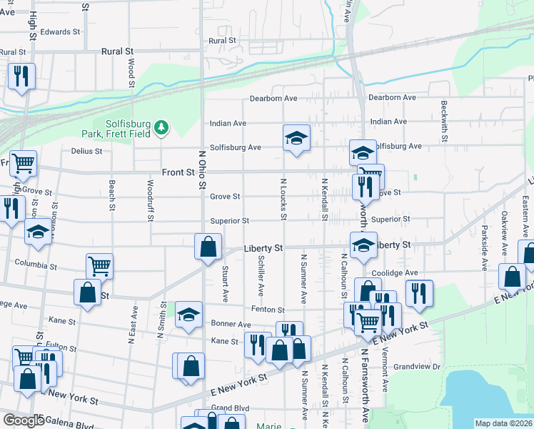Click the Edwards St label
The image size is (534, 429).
pos(60,32)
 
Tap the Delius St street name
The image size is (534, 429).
pos(87,152)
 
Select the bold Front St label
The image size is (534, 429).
pos(178,172)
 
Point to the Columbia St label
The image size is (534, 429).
pos(36,266)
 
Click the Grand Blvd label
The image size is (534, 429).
pos(229,408)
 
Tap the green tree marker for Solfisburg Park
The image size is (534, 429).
pos(162,127)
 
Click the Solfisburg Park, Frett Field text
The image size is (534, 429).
pos(131,127)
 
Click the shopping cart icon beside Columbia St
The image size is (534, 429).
pos(100,266)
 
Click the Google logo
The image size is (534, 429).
pos(23,420)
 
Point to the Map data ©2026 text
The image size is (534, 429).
pos(503,423)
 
